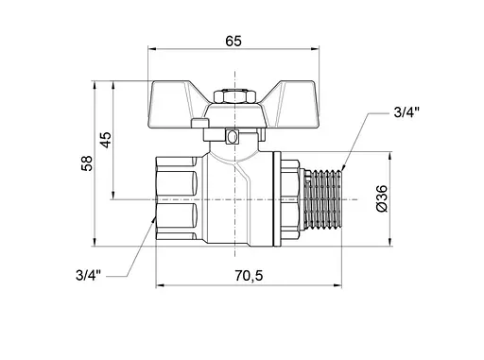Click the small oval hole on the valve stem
tap(232, 138)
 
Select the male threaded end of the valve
tap(323, 199)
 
